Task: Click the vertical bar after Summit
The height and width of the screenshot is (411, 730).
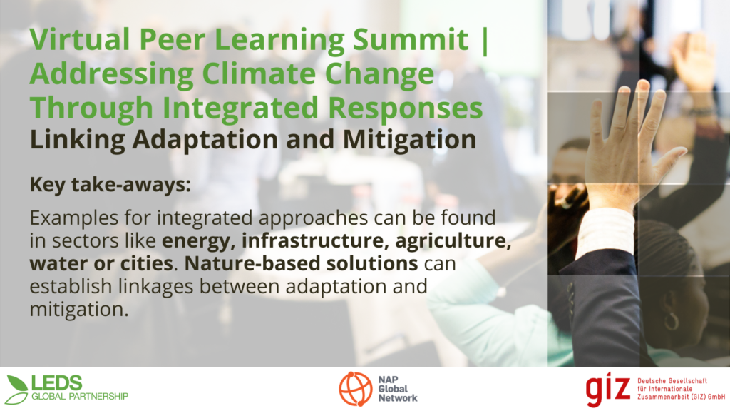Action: click(485, 41)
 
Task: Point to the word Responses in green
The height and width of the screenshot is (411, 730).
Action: click(405, 108)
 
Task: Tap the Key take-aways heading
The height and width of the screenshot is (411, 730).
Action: click(110, 185)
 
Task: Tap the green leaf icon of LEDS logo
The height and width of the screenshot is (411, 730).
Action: click(17, 390)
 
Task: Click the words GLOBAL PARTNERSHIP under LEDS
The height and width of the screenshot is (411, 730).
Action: click(80, 397)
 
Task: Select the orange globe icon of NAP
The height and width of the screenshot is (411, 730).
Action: click(356, 389)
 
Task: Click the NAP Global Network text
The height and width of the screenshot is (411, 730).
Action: click(398, 389)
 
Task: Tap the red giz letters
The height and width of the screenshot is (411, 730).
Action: click(607, 389)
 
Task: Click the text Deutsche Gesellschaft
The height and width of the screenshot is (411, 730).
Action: click(672, 381)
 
